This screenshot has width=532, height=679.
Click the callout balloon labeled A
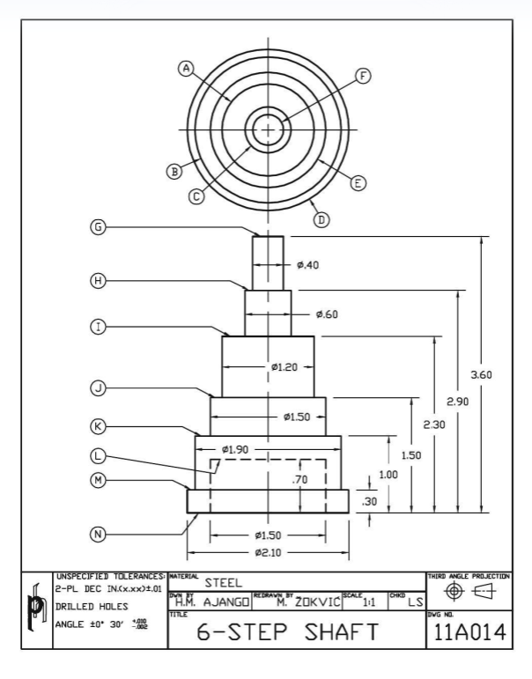tap(185, 67)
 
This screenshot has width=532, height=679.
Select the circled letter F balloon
tap(362, 76)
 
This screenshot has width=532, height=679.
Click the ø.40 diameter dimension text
tap(307, 265)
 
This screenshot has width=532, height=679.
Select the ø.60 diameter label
tap(327, 314)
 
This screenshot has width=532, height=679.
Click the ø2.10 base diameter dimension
tap(268, 552)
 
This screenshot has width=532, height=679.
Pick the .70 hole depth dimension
tap(299, 480)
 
